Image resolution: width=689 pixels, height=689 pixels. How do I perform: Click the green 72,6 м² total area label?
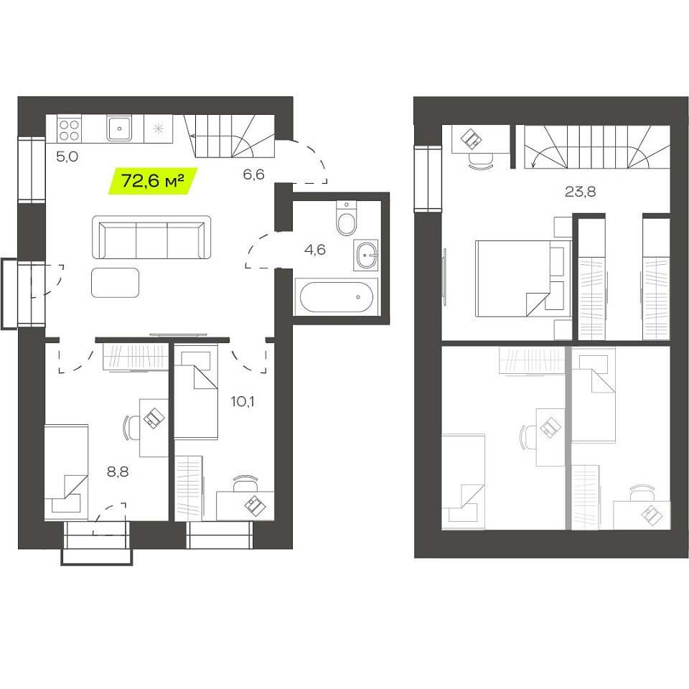pyautogui.click(x=152, y=181)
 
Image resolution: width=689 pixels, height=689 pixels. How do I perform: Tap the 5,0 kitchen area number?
pyautogui.click(x=67, y=156)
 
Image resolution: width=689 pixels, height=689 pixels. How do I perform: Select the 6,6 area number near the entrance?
pyautogui.click(x=253, y=174)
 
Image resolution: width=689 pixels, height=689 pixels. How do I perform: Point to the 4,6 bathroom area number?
pyautogui.click(x=314, y=250)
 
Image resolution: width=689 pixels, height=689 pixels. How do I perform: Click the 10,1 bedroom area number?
pyautogui.click(x=243, y=401)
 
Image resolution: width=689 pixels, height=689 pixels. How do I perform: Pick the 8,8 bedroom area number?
pyautogui.click(x=118, y=472)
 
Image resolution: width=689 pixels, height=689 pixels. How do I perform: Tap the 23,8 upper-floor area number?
pyautogui.click(x=580, y=192)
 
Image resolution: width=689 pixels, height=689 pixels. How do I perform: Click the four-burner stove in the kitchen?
pyautogui.click(x=69, y=130)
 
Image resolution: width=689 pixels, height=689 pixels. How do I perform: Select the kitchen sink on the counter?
pyautogui.click(x=118, y=128)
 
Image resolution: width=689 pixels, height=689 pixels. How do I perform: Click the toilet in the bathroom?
pyautogui.click(x=347, y=218)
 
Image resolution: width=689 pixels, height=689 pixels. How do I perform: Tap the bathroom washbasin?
pyautogui.click(x=365, y=256)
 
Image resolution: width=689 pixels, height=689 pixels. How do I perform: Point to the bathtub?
pyautogui.click(x=336, y=296)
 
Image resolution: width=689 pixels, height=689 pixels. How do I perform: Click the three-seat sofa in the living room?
pyautogui.click(x=151, y=238)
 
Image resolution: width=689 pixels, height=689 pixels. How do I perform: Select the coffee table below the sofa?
pyautogui.click(x=115, y=283)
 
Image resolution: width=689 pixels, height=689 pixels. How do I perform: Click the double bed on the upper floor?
pyautogui.click(x=523, y=278)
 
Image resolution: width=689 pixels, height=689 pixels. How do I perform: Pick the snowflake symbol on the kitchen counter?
pyautogui.click(x=158, y=128)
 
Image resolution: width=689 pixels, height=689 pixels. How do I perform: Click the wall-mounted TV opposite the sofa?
pyautogui.click(x=178, y=335)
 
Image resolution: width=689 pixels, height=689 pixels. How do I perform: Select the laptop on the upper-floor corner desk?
pyautogui.click(x=471, y=139)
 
